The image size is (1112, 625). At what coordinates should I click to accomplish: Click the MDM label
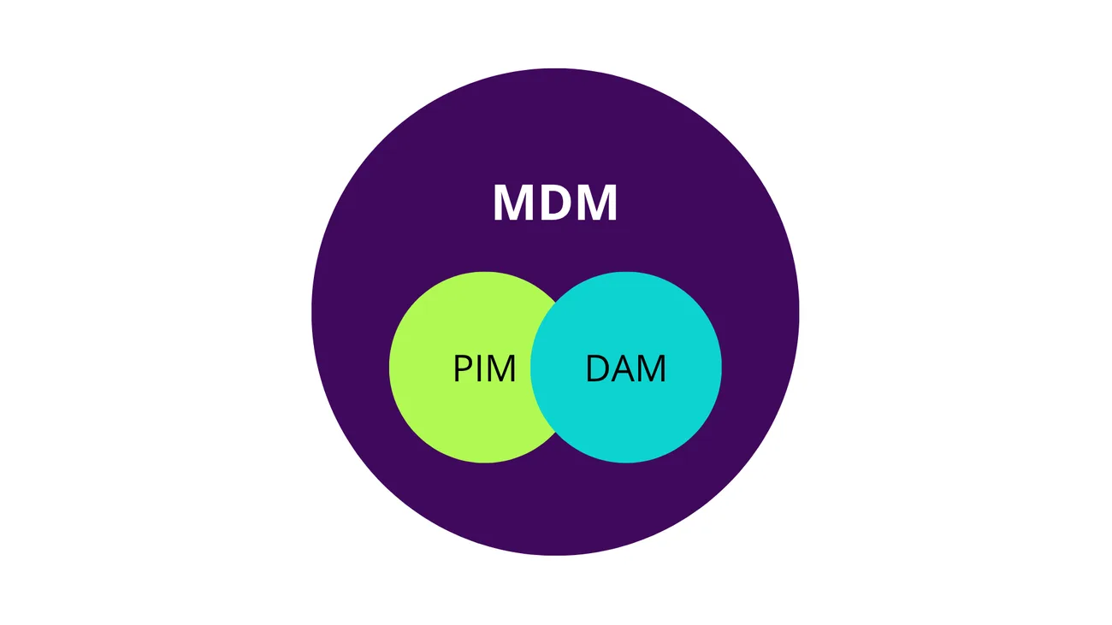click(555, 203)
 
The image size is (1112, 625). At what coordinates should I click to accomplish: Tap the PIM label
click(484, 369)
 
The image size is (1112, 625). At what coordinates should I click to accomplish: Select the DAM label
click(625, 369)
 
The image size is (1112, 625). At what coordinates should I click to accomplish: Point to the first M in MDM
click(513, 203)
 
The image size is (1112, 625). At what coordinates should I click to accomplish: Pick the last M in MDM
click(597, 203)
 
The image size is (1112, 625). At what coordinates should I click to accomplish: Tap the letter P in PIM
click(462, 369)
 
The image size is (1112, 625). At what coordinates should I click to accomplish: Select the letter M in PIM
click(501, 369)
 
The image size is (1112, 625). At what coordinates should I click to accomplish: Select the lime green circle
click(436, 402)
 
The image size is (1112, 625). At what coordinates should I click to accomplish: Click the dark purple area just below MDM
click(555, 248)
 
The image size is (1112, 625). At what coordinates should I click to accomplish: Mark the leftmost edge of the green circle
click(390, 368)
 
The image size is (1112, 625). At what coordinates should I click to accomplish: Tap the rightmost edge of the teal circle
click(721, 368)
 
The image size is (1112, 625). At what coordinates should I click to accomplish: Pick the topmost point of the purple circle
click(555, 69)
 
